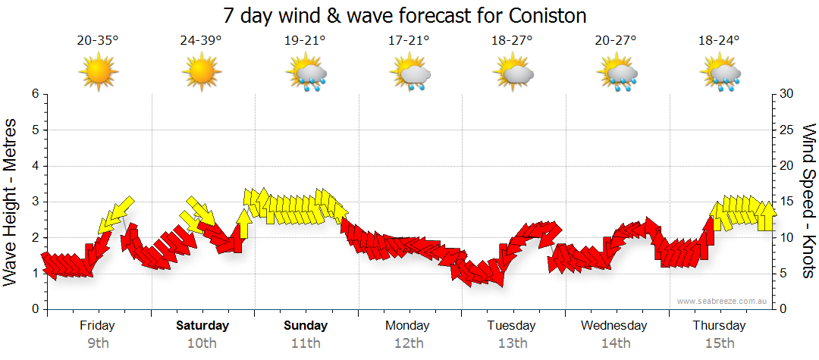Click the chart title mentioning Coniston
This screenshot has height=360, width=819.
pos(406,15)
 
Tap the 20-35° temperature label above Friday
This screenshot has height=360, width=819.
pos(98,40)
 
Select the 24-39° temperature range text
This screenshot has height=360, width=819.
pos(201,40)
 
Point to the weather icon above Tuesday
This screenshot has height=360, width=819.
pos(513,74)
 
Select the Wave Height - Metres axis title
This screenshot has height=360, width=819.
pos(11,202)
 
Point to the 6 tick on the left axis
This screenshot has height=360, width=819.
pos(35,94)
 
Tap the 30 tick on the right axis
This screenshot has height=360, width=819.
pos(786,94)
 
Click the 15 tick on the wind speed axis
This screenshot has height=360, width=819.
pos(786,202)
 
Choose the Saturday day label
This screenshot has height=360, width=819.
pos(202,326)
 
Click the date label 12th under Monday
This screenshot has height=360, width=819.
pos(409,343)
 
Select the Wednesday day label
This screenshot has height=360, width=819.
pos(614,326)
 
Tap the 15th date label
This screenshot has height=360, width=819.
pos(719,343)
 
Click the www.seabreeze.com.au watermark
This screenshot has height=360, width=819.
pos(722,301)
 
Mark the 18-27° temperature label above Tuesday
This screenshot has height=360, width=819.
pos(512,40)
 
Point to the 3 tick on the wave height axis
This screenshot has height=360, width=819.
pos(35,202)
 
